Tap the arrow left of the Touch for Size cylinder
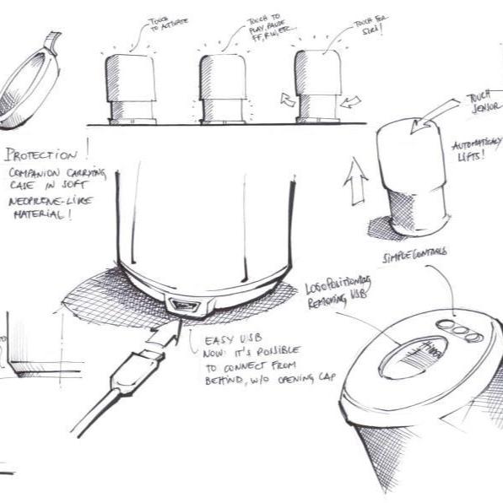pyautogui.click(x=288, y=100)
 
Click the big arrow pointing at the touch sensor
pyautogui.click(x=435, y=118)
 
